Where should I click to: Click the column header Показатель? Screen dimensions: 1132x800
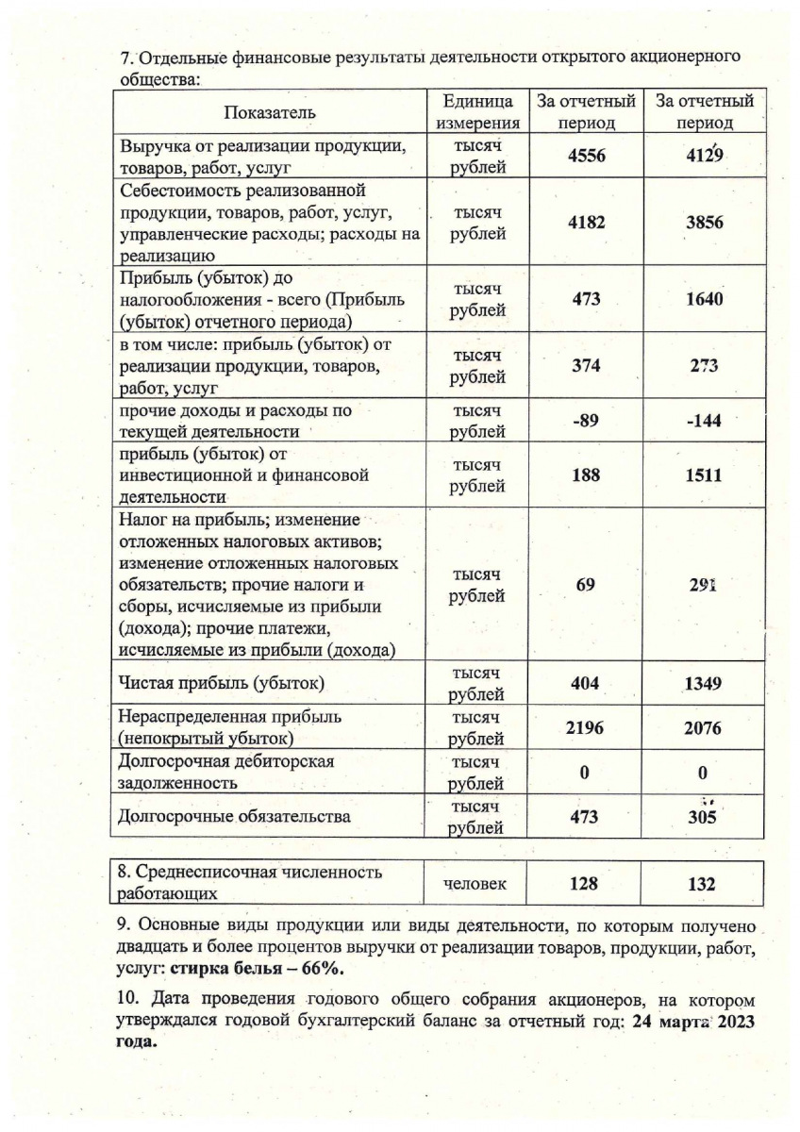tap(270, 112)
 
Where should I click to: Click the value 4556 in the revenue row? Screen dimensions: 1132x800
tap(585, 158)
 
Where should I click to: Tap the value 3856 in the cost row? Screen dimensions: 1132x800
tap(703, 225)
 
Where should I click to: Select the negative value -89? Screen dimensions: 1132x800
tap(585, 421)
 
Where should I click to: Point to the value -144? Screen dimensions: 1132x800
tap(703, 421)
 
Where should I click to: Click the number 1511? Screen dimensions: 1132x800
tap(703, 475)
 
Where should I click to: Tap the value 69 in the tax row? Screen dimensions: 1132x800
tap(585, 585)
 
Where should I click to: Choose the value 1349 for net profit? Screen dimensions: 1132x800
tap(703, 682)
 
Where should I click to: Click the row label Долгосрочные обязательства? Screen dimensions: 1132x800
tap(233, 816)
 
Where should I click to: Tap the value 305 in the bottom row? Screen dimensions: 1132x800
tap(703, 817)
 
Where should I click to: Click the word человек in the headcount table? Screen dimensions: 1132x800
tap(476, 884)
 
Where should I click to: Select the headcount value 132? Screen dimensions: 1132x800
tap(703, 885)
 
